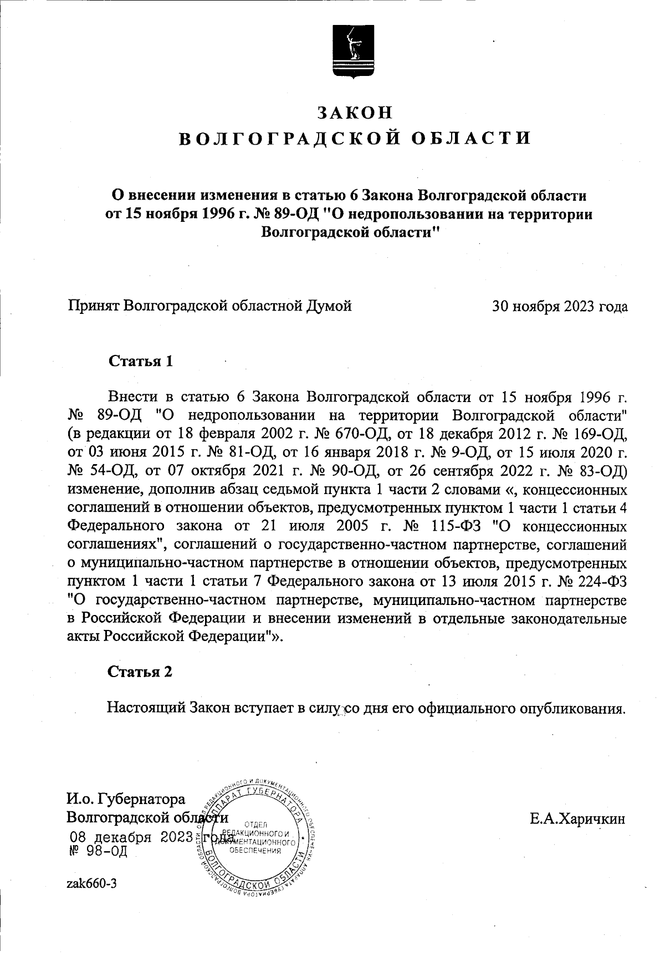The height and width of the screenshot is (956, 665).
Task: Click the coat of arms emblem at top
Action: [354, 51]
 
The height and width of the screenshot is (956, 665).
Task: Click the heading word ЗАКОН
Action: [355, 113]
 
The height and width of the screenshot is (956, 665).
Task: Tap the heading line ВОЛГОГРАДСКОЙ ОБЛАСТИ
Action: [355, 138]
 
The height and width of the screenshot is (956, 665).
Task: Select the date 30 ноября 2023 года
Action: [560, 306]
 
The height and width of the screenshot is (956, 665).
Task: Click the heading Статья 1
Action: [141, 362]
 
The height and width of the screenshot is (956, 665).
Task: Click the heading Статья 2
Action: [140, 672]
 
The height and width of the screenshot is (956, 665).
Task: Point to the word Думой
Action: [329, 306]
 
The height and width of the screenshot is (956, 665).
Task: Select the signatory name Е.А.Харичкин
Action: [577, 818]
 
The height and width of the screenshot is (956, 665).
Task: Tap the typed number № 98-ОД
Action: [97, 851]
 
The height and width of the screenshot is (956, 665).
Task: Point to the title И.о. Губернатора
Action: [126, 800]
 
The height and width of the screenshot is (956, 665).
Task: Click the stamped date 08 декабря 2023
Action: [130, 837]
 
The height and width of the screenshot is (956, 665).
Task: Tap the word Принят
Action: [93, 306]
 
